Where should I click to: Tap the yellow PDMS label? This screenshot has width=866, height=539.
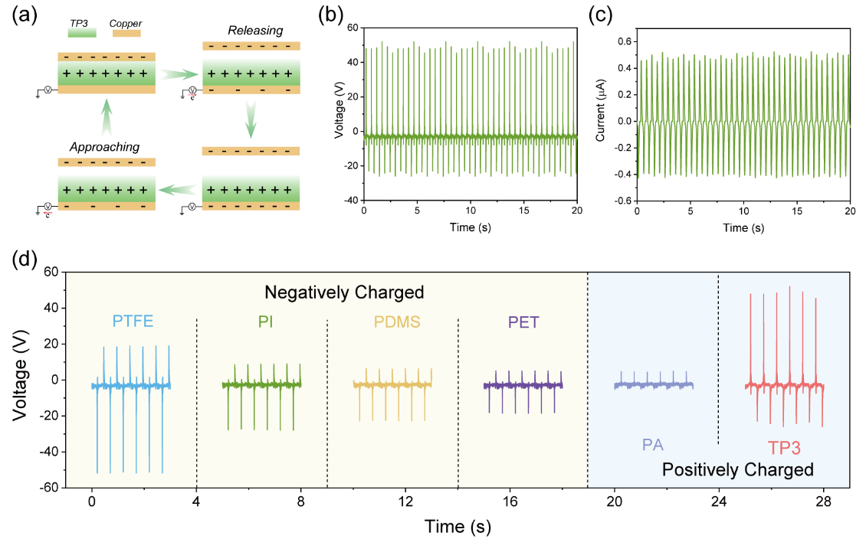pyautogui.click(x=392, y=322)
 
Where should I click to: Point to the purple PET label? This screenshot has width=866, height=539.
pyautogui.click(x=523, y=322)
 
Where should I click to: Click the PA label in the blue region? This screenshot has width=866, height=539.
pyautogui.click(x=652, y=443)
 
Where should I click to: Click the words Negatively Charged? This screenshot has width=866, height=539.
pyautogui.click(x=344, y=292)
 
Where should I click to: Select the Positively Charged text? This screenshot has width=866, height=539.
pyautogui.click(x=736, y=469)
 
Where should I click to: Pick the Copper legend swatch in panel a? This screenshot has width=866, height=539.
pyautogui.click(x=126, y=34)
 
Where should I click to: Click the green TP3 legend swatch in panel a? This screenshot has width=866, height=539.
pyautogui.click(x=82, y=34)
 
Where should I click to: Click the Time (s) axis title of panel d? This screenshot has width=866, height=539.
pyautogui.click(x=458, y=527)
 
